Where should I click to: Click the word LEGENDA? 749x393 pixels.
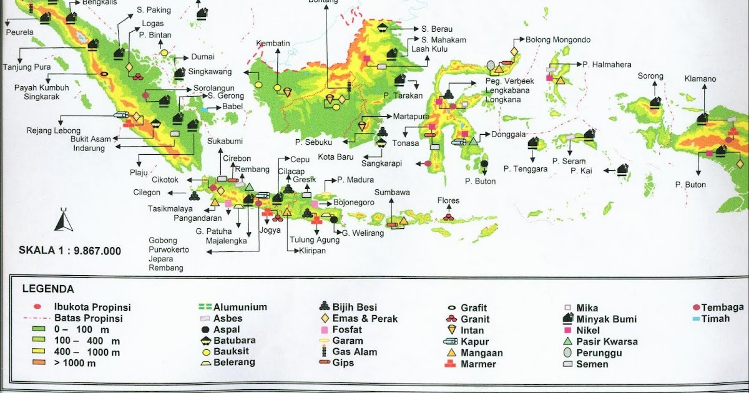pos(48,289)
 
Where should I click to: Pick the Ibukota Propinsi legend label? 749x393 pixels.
pos(92,308)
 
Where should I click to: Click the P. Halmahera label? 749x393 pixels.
pos(607,64)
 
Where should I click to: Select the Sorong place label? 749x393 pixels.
pos(650,77)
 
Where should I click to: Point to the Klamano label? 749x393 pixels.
pos(700,79)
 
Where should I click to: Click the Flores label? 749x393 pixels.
pos(449,201)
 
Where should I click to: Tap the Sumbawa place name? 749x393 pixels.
pos(393,193)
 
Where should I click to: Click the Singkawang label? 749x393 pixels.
pos(210,72)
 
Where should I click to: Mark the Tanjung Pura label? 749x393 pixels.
pos(26,67)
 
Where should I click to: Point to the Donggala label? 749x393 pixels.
pos(509,134)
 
